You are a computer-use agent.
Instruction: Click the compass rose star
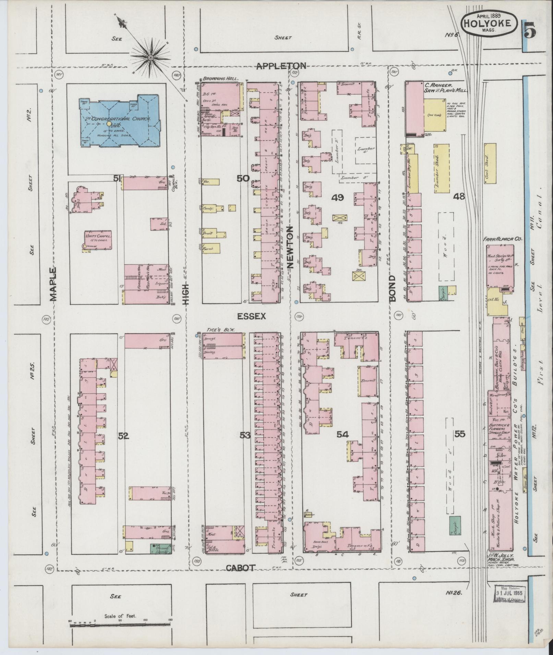point(150,58)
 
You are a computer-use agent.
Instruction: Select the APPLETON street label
point(281,66)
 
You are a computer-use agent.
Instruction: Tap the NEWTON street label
point(290,247)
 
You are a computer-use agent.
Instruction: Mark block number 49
point(338,197)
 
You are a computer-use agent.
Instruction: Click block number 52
point(123,436)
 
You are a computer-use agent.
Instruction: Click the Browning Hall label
point(217,78)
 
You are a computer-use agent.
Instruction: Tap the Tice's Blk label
point(218,329)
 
